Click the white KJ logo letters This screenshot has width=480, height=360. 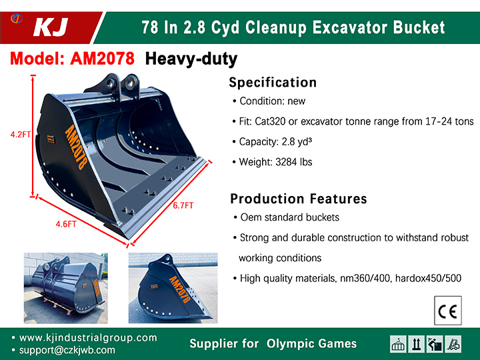click(51, 27)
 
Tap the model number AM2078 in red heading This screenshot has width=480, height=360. click(102, 58)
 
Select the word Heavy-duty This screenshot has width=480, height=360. click(191, 59)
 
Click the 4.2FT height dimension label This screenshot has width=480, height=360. click(21, 135)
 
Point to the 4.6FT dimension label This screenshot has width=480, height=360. click(66, 224)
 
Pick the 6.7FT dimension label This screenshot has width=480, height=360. click(183, 205)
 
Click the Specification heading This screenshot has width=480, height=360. click(273, 83)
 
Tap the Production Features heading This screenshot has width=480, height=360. click(299, 199)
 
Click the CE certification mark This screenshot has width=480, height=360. click(448, 311)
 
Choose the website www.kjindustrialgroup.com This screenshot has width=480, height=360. click(88, 337)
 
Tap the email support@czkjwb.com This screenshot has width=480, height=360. click(67, 350)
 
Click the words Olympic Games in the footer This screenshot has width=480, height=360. click(311, 343)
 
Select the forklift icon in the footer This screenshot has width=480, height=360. click(453, 344)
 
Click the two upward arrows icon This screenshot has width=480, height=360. click(416, 344)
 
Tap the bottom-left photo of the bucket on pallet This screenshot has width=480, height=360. click(66, 288)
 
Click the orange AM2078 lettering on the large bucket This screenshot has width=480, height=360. click(76, 147)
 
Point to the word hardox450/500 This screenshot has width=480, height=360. click(428, 278)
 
